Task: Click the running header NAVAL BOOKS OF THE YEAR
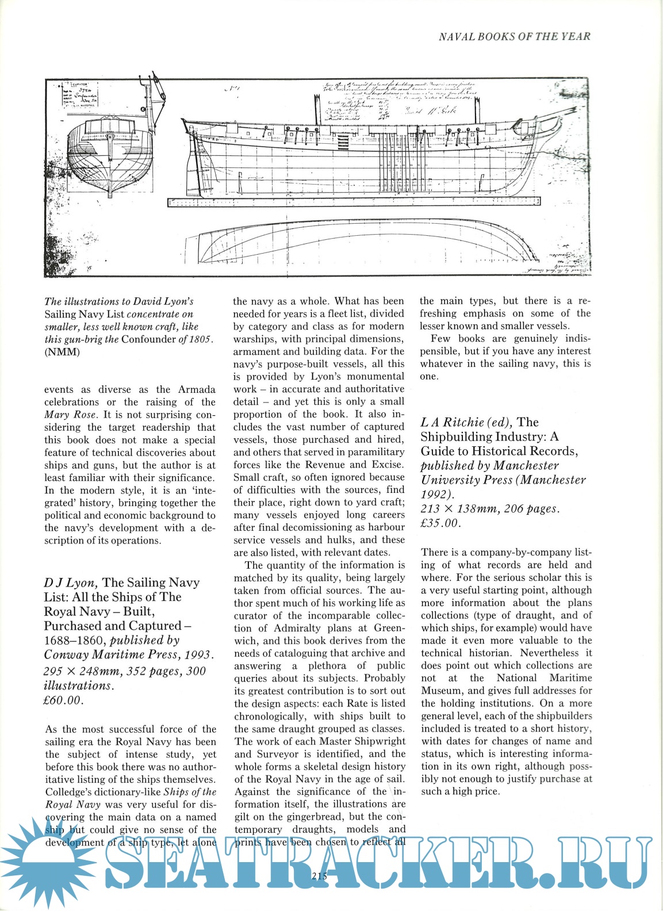(514, 37)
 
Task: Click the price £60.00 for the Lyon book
(64, 701)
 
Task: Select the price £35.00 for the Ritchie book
(440, 523)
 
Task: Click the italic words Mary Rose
(65, 415)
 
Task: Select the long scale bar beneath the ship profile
(354, 202)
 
